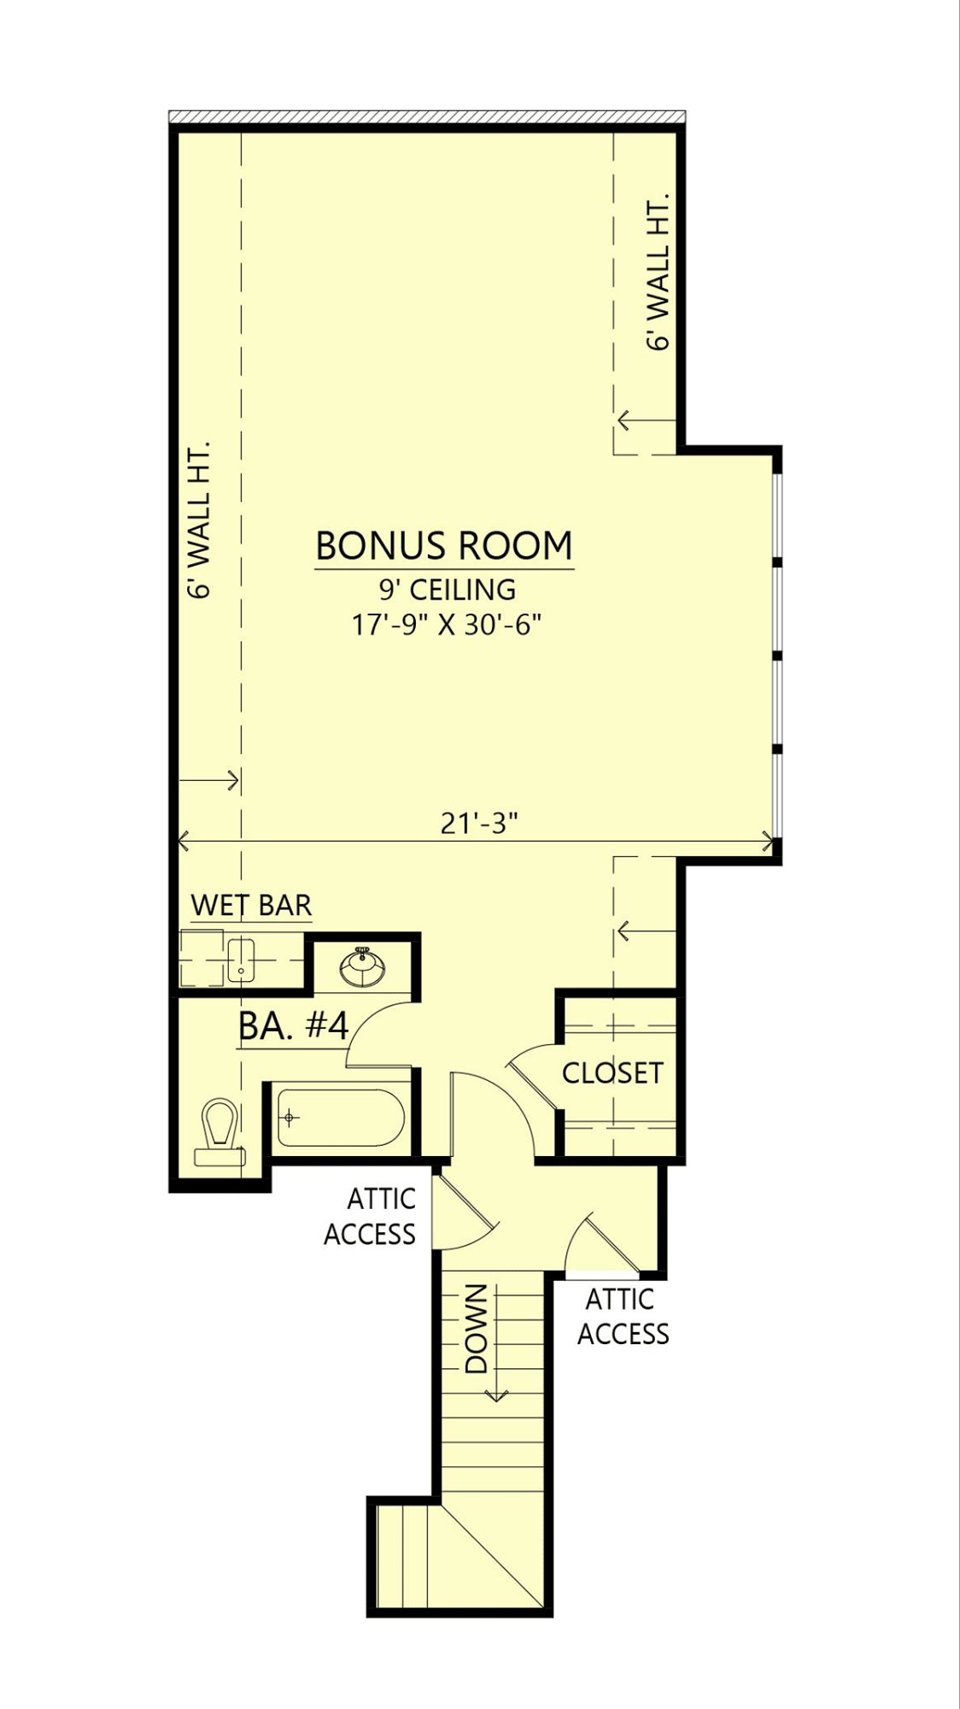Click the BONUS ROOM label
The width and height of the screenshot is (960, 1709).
pyautogui.click(x=444, y=545)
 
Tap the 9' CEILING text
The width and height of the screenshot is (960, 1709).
pyautogui.click(x=448, y=590)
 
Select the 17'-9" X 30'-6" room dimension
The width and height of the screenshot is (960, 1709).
pyautogui.click(x=448, y=625)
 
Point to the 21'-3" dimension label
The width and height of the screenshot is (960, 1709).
pyautogui.click(x=480, y=823)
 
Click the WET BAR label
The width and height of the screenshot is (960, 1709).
pyautogui.click(x=251, y=905)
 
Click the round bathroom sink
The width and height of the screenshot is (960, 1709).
pyautogui.click(x=362, y=968)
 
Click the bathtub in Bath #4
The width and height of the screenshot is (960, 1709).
pyautogui.click(x=341, y=1118)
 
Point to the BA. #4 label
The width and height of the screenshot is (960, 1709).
pyautogui.click(x=294, y=1026)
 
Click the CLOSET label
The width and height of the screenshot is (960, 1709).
pyautogui.click(x=612, y=1073)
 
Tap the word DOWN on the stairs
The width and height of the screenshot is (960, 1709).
pyautogui.click(x=476, y=1328)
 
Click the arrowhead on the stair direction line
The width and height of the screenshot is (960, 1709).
pyautogui.click(x=495, y=1395)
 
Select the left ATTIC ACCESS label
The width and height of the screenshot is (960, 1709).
pyautogui.click(x=370, y=1216)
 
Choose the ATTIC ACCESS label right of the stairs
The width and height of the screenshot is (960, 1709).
pyautogui.click(x=623, y=1317)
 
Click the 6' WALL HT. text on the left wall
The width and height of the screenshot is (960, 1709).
pyautogui.click(x=198, y=520)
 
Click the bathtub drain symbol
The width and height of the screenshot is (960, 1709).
pyautogui.click(x=290, y=1118)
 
